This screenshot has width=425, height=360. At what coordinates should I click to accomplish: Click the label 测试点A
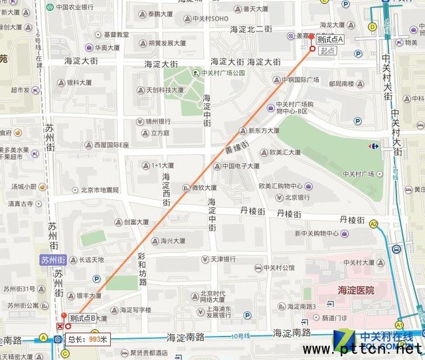pyautogui.click(x=331, y=39)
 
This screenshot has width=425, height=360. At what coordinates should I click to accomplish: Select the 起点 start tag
pyautogui.click(x=327, y=50)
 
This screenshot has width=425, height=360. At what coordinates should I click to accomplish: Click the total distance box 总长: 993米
pyautogui.click(x=88, y=338)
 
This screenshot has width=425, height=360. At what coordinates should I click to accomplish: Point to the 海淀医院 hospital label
pyautogui.click(x=347, y=290)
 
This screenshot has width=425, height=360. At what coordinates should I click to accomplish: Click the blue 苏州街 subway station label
pyautogui.click(x=54, y=259)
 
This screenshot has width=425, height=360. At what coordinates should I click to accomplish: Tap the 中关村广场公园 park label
pyautogui.click(x=224, y=73)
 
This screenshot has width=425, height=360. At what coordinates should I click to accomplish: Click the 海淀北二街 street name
pyautogui.click(x=251, y=29)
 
